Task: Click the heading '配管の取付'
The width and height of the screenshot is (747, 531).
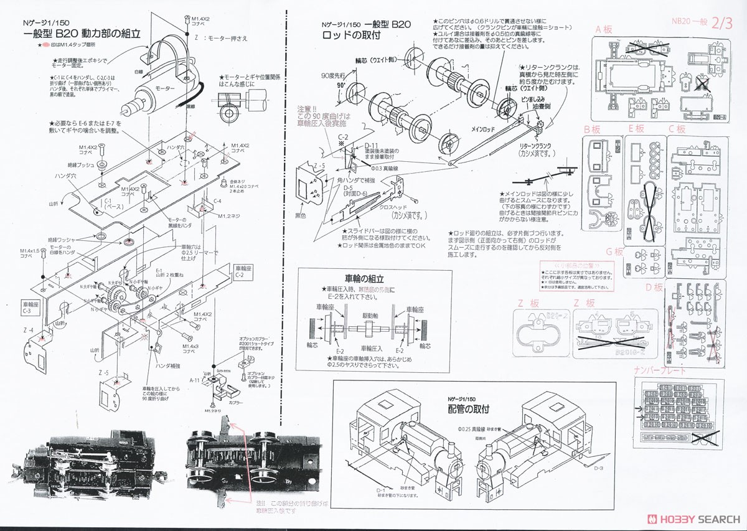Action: (x=468, y=410)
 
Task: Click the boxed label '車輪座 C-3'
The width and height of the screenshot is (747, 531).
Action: (x=31, y=308)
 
